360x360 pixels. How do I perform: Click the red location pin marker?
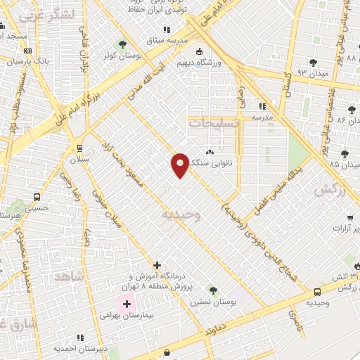[180, 165]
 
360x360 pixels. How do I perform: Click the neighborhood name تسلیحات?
[214, 122]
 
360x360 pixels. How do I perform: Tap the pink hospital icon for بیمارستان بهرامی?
[127, 304]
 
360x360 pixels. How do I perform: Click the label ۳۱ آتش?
[335, 276]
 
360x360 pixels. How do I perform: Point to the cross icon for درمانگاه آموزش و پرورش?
[157, 266]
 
